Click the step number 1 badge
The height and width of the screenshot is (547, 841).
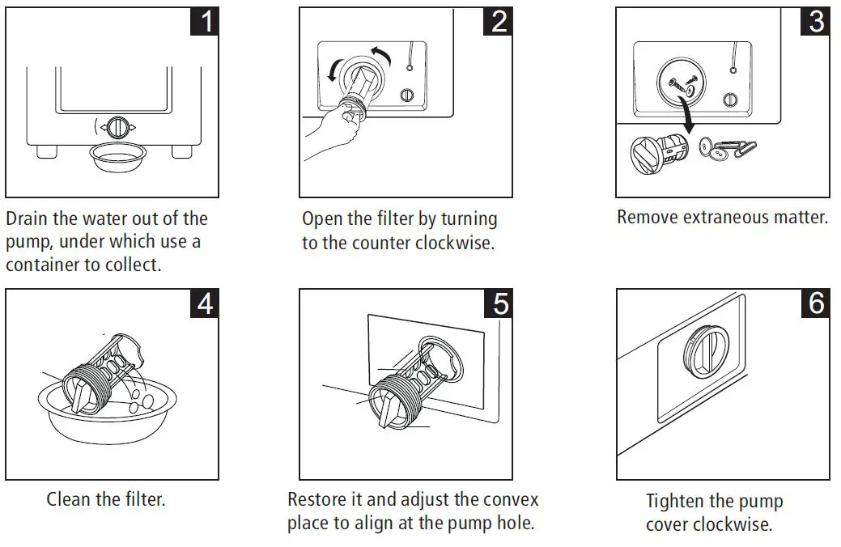(206, 21)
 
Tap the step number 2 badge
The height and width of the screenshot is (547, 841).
(499, 21)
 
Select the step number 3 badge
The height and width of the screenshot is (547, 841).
(816, 21)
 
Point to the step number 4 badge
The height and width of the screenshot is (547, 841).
(206, 303)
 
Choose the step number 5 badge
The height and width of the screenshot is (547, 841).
(499, 303)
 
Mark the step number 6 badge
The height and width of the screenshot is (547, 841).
(816, 303)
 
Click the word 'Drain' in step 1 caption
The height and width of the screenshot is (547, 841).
(29, 219)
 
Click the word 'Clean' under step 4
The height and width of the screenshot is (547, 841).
(68, 499)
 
